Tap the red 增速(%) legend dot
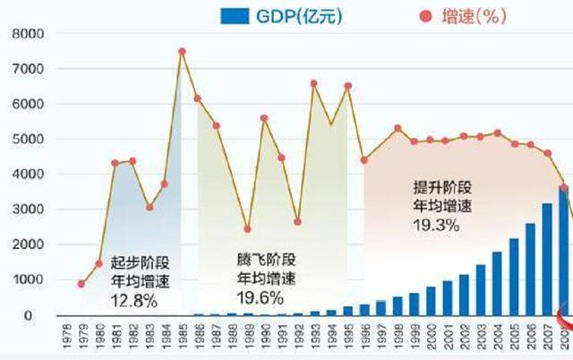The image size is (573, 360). click(423, 15)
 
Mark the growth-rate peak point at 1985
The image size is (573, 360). click(182, 52)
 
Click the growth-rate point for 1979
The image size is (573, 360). click(81, 284)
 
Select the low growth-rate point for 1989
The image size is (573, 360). click(247, 229)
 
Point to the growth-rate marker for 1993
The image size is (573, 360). click(314, 83)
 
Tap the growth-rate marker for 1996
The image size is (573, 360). click(364, 160)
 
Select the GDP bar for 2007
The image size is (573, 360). click(546, 260)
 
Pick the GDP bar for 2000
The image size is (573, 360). click(431, 301)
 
